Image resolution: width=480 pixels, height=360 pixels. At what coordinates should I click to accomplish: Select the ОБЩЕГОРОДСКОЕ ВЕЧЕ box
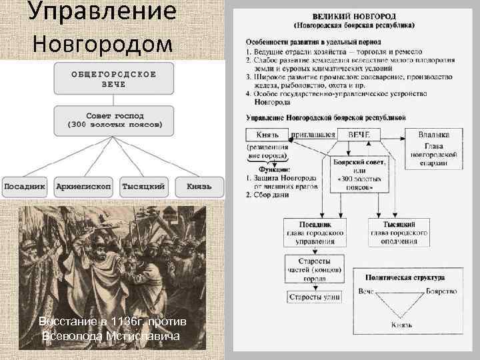click(114, 79)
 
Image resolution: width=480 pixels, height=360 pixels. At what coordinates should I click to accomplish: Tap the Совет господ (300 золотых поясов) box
click(114, 120)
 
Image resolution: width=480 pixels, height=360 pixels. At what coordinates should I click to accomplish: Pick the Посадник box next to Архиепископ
click(25, 187)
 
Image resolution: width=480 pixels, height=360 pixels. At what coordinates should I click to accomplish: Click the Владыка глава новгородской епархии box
click(433, 148)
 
